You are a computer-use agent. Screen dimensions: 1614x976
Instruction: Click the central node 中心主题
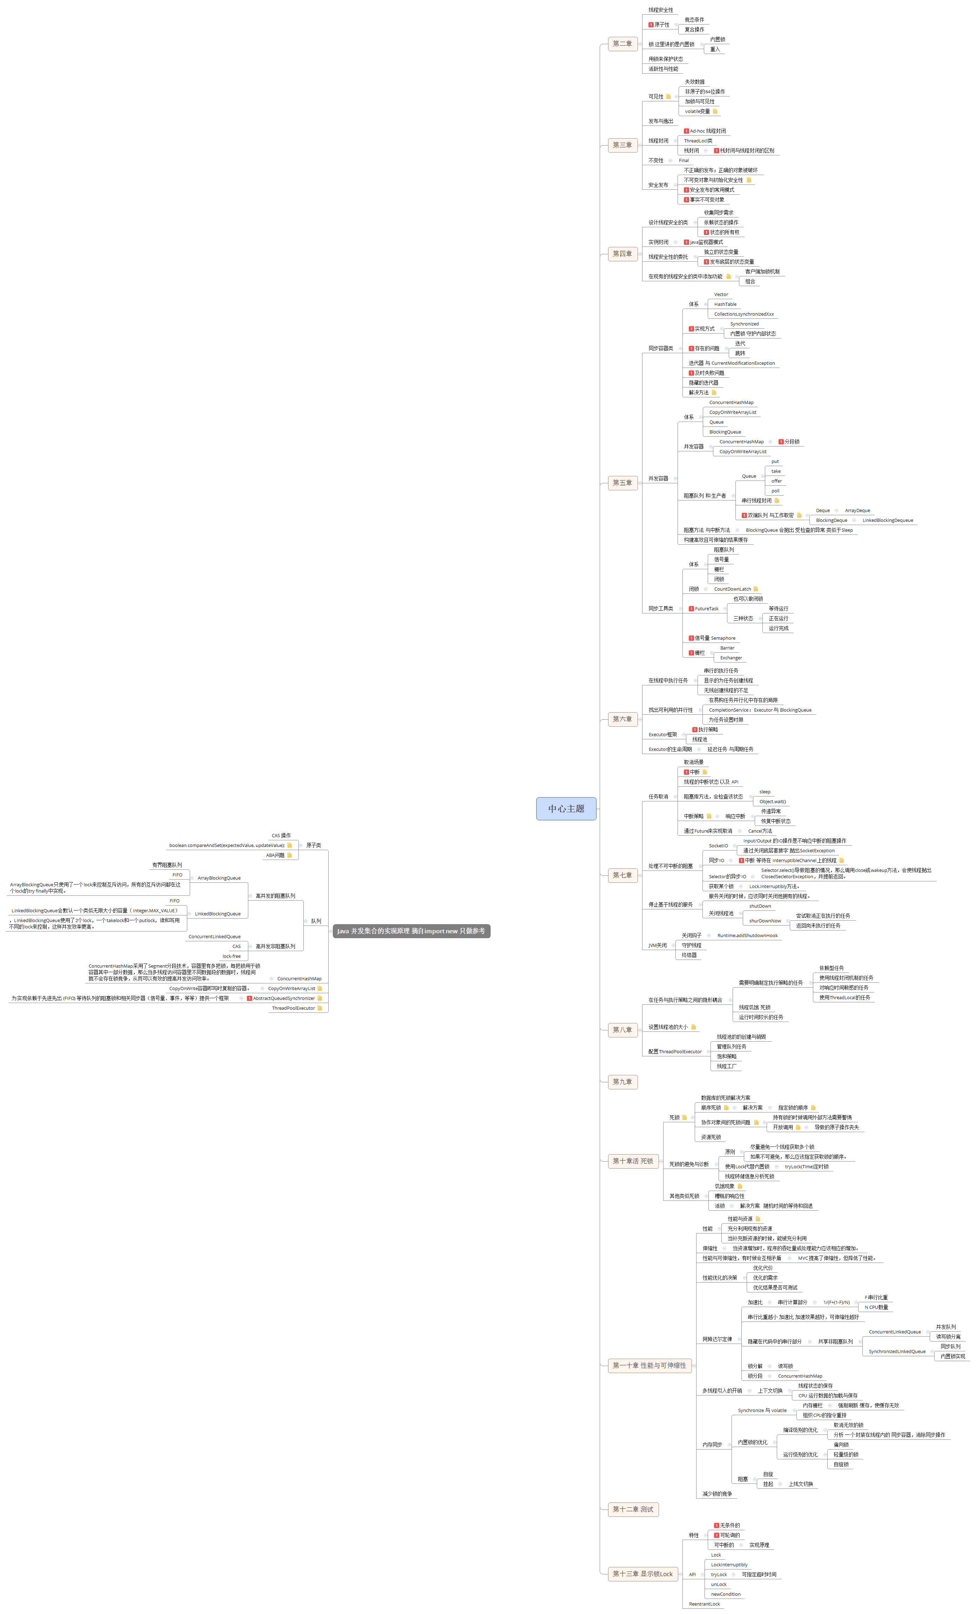[566, 808]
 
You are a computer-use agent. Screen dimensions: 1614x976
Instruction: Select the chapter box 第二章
[622, 44]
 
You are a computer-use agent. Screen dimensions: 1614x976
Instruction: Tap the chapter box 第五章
[622, 483]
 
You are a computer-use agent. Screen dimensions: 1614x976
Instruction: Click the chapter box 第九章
[622, 1082]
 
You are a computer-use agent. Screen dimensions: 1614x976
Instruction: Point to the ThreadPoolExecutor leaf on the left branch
[294, 1008]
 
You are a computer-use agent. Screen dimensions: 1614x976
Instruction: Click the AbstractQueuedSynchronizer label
[284, 998]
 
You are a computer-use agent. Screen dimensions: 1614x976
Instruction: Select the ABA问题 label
[275, 855]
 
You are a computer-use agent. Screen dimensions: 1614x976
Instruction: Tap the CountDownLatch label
[732, 589]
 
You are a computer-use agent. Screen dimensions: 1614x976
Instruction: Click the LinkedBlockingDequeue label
[888, 520]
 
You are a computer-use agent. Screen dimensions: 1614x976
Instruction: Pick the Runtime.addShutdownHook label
[747, 935]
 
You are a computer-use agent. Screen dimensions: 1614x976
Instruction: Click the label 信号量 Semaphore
[715, 638]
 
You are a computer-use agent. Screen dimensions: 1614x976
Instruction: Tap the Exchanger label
[731, 658]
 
